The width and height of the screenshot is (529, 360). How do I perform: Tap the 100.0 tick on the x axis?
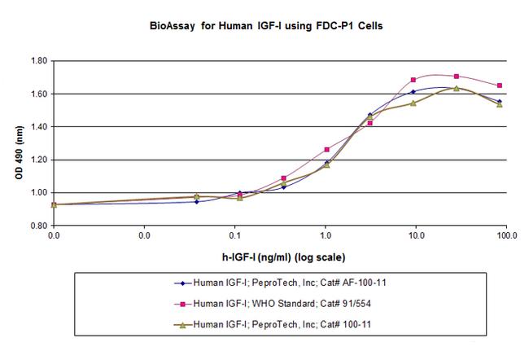point(506,237)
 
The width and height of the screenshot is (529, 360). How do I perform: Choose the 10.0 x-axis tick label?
point(416,237)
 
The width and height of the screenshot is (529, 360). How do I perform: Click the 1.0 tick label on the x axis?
point(326,237)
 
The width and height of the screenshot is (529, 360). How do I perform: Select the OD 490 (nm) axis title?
point(15,143)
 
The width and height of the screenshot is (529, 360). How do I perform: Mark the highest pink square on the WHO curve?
point(456,76)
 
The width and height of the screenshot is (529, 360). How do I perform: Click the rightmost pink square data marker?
point(499,86)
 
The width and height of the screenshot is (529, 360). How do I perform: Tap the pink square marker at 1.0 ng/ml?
point(327,149)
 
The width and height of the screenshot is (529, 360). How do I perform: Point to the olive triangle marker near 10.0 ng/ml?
point(413,103)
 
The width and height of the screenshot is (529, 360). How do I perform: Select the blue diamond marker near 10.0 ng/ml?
point(413,91)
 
